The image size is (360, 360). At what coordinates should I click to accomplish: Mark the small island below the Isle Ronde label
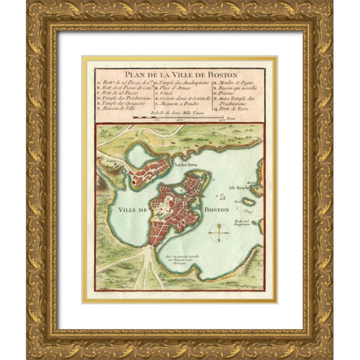pos(247,202)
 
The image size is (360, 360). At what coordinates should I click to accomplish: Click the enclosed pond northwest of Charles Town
pos(137,155)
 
